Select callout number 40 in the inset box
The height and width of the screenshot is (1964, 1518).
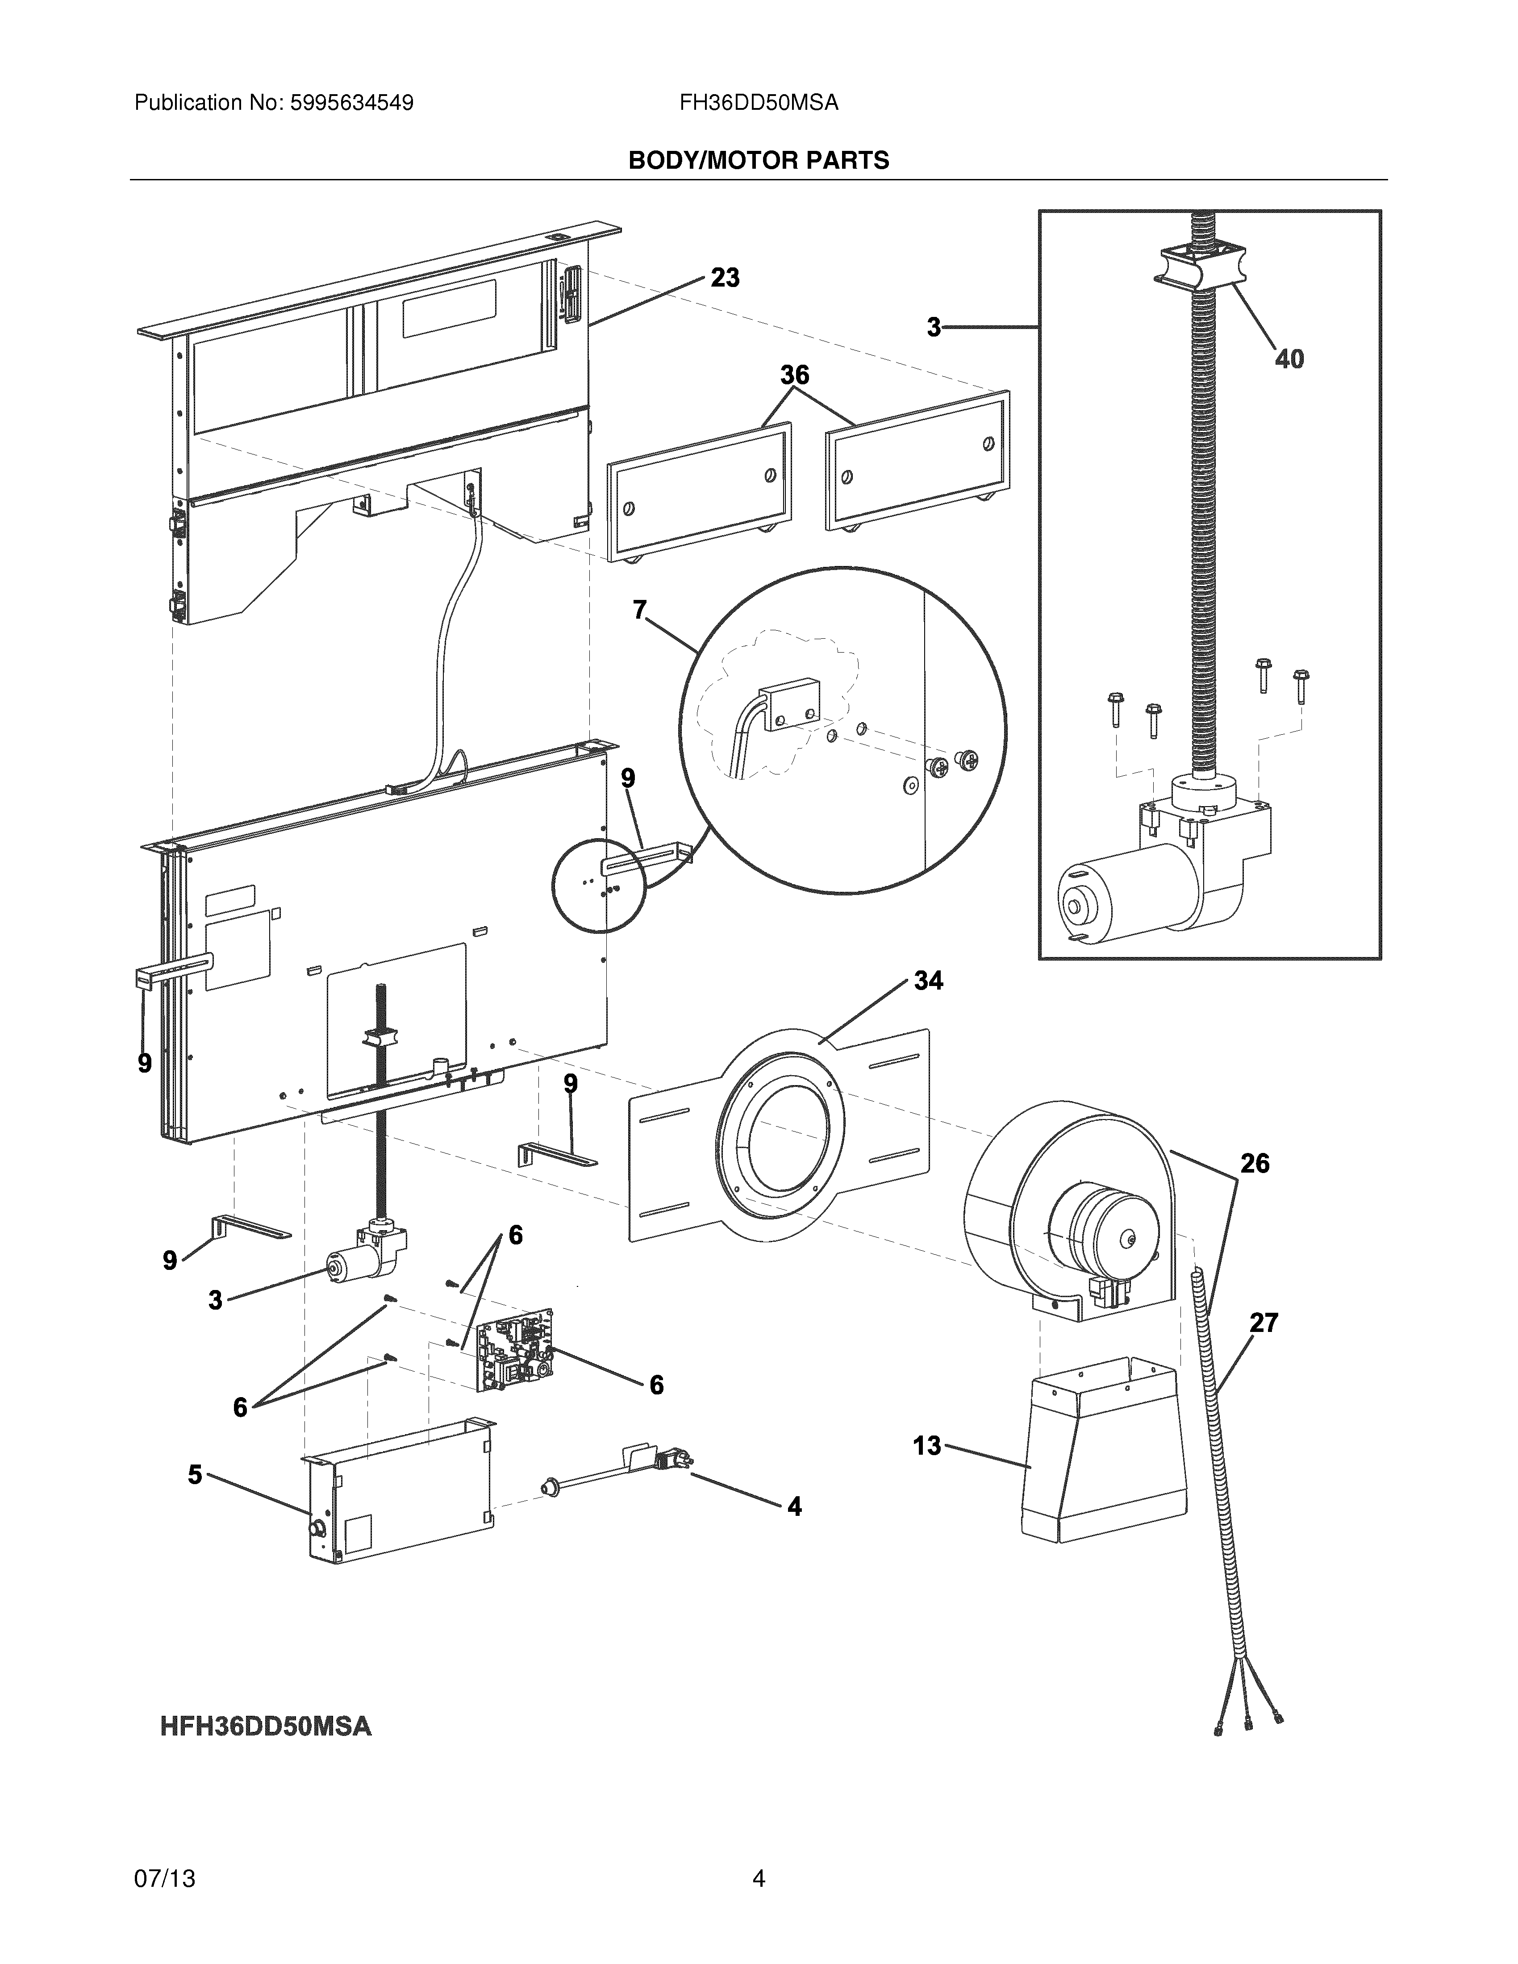point(1289,360)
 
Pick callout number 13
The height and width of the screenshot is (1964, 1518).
point(926,1446)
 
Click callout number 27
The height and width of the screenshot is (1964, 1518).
point(1264,1323)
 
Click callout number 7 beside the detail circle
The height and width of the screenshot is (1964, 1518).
point(639,611)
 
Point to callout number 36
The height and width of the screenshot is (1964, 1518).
point(794,375)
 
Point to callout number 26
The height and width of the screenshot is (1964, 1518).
point(1255,1164)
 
